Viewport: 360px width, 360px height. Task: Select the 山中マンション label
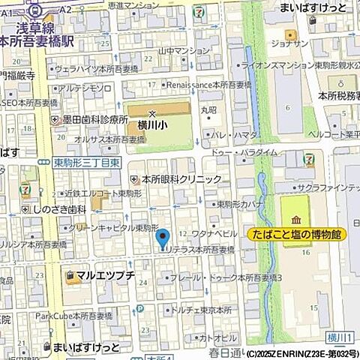pos(184,52)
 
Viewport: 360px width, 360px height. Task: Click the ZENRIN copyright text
pos(301,353)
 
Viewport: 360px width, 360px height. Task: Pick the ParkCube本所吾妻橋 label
pos(72,315)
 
